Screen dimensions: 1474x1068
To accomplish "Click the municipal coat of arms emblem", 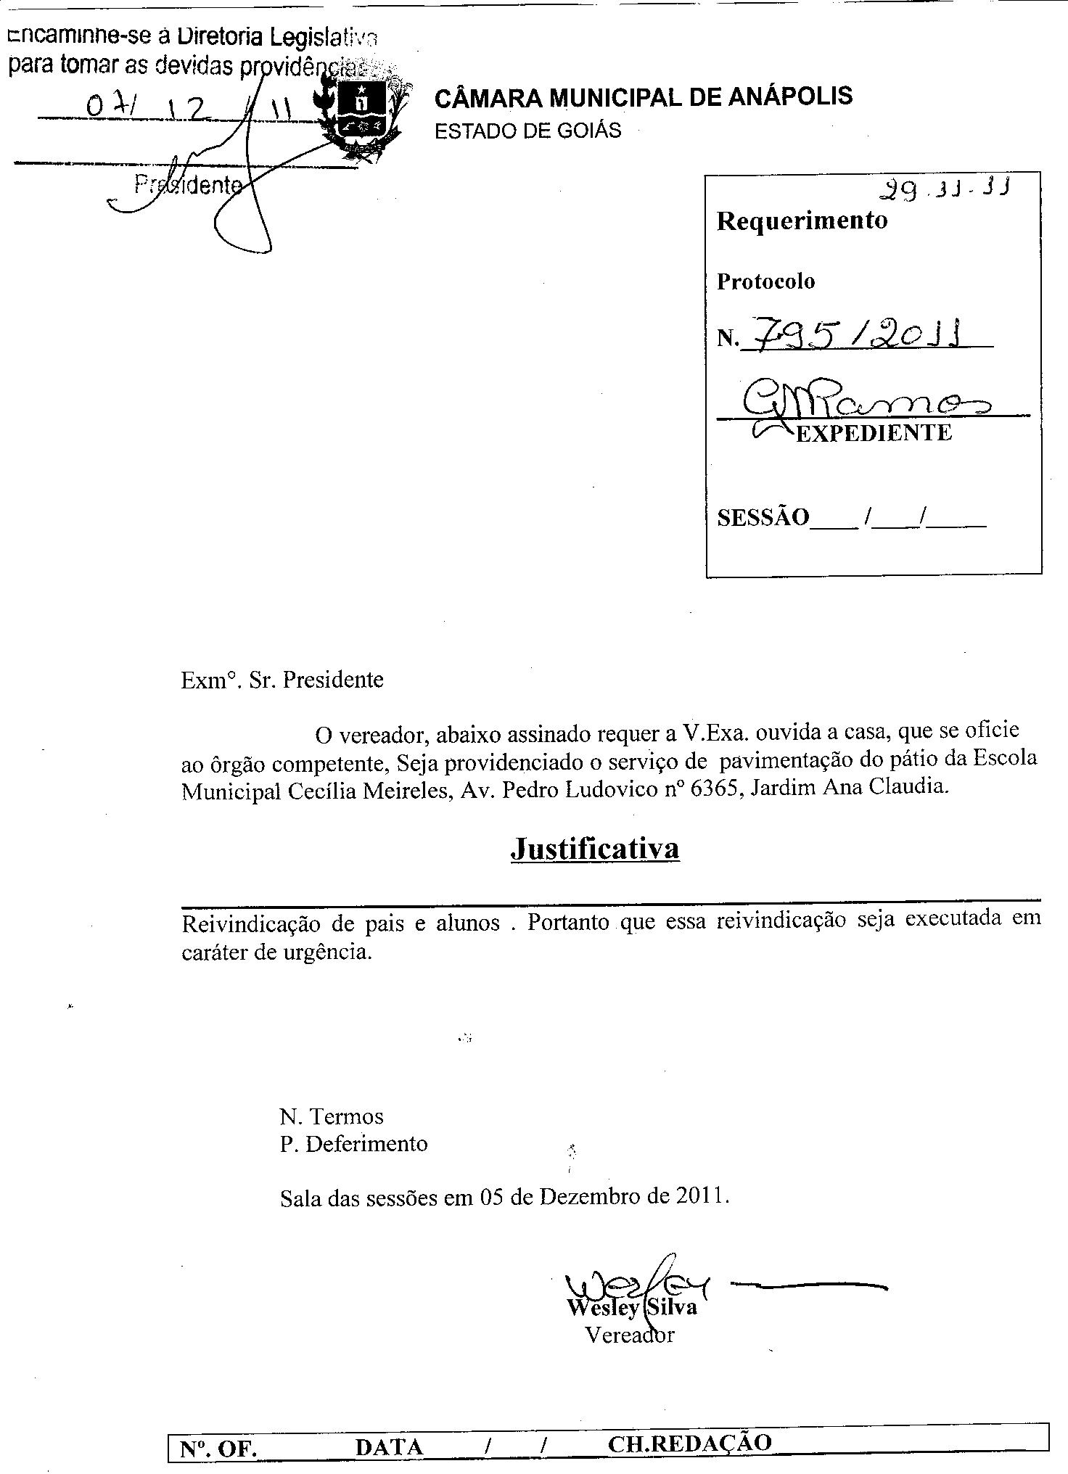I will pyautogui.click(x=361, y=116).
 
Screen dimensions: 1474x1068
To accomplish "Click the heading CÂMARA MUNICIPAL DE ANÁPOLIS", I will pyautogui.click(x=643, y=96).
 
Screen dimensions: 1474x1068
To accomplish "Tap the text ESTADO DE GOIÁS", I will pyautogui.click(x=527, y=131).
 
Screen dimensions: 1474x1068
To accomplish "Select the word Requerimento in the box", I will pyautogui.click(x=802, y=221).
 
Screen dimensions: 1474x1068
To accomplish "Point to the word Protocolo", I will pyautogui.click(x=765, y=281).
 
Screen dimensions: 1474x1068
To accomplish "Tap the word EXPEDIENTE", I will pyautogui.click(x=874, y=433).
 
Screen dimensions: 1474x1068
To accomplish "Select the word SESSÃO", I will pyautogui.click(x=762, y=517).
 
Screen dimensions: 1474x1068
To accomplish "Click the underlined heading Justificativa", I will pyautogui.click(x=594, y=848).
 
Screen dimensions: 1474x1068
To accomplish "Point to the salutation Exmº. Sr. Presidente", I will pyautogui.click(x=282, y=680).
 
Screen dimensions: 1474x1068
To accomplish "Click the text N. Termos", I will pyautogui.click(x=332, y=1116).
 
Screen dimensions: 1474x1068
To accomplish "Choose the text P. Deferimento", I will pyautogui.click(x=354, y=1144).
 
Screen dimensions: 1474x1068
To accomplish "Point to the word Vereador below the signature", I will pyautogui.click(x=630, y=1335).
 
